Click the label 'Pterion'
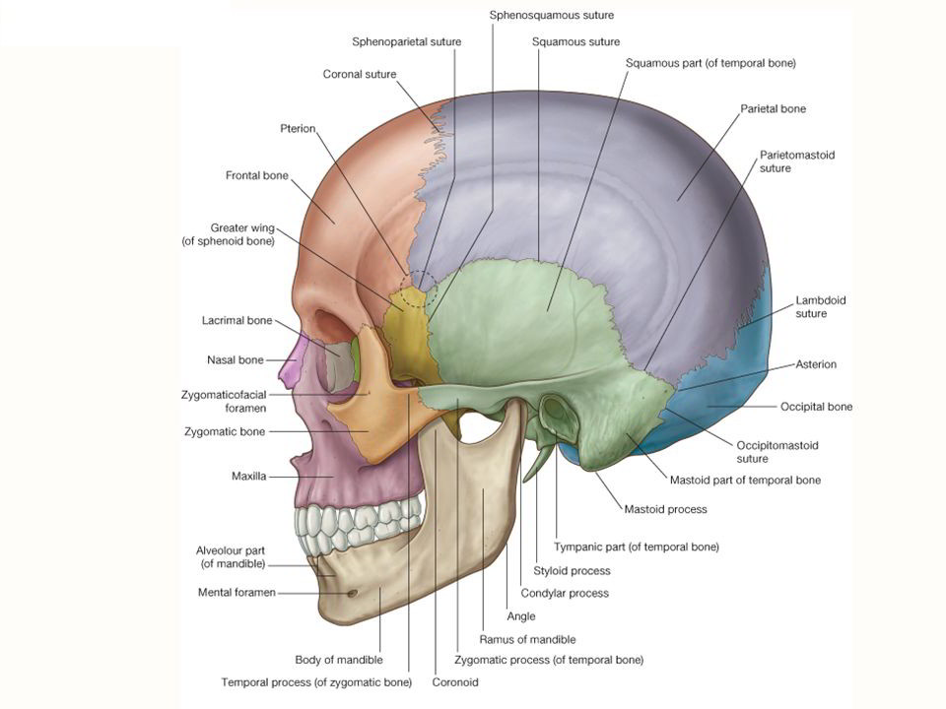299,128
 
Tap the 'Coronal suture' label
360,74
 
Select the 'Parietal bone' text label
773,108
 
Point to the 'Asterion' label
816,364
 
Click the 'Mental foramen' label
236,593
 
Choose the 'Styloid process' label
572,570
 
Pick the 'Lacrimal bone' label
236,321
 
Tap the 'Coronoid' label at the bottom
455,680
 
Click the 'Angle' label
520,616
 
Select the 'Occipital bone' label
816,406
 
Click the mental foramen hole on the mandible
352,593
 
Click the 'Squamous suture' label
575,42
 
